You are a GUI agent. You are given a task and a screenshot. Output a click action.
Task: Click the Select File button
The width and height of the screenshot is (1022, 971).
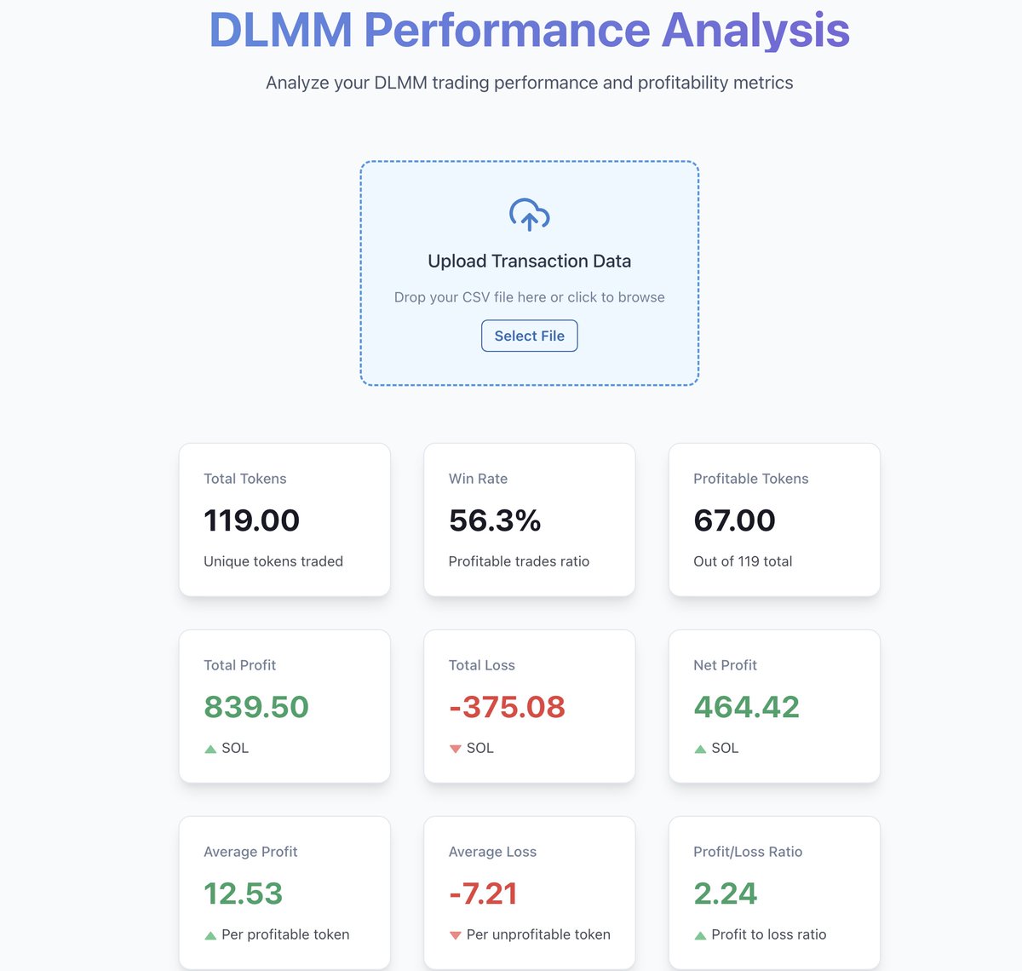[x=529, y=336]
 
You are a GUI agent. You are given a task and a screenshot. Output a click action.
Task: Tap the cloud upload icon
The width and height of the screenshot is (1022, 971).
[x=529, y=215]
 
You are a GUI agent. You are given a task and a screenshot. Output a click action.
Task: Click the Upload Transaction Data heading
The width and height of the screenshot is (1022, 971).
[x=529, y=261]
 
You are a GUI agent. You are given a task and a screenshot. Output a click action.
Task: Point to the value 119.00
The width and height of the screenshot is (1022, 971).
[x=251, y=520]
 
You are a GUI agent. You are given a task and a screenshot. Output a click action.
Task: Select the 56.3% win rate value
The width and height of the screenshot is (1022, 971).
[x=495, y=520]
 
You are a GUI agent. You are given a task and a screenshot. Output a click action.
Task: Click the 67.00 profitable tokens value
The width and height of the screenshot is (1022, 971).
[x=734, y=520]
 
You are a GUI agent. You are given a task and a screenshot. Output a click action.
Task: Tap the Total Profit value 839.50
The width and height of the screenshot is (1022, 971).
[x=256, y=707]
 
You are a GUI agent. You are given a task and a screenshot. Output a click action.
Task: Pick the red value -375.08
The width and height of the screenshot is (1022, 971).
[x=507, y=707]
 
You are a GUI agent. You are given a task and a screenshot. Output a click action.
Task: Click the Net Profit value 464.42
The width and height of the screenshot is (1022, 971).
[x=746, y=707]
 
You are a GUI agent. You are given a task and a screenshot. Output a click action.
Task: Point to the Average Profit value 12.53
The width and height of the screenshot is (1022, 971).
[x=243, y=893]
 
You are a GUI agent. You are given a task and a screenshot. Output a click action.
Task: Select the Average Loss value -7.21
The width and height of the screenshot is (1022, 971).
[x=483, y=893]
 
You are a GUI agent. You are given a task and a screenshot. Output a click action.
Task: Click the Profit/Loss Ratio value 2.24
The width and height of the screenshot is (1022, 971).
[x=725, y=893]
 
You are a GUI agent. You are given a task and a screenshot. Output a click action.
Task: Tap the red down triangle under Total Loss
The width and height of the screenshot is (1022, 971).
[x=456, y=749]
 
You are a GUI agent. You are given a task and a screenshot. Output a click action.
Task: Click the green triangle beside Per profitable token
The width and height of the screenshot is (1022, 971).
[x=210, y=935]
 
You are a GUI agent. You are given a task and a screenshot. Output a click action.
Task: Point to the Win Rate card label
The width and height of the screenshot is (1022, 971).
[x=478, y=479]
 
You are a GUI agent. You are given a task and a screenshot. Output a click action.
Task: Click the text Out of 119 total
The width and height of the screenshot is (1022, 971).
[x=743, y=561]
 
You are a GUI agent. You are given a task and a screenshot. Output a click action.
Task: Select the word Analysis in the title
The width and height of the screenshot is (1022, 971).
[x=755, y=30]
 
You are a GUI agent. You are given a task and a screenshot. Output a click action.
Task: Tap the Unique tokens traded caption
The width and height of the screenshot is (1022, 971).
[x=273, y=561]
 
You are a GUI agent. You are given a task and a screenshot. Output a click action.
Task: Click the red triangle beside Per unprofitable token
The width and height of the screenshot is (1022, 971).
[x=456, y=935]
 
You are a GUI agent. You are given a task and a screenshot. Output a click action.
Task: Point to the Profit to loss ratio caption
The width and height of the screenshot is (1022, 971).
[x=768, y=934]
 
